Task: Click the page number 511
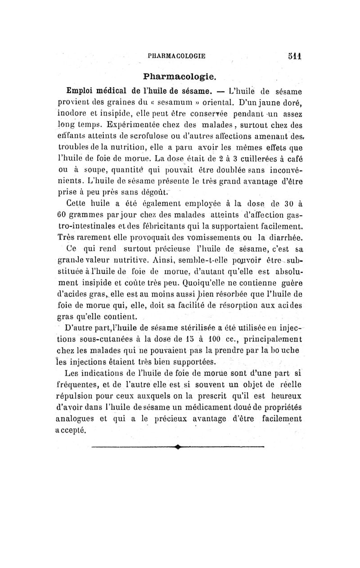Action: [295, 56]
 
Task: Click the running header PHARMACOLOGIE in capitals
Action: [176, 56]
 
